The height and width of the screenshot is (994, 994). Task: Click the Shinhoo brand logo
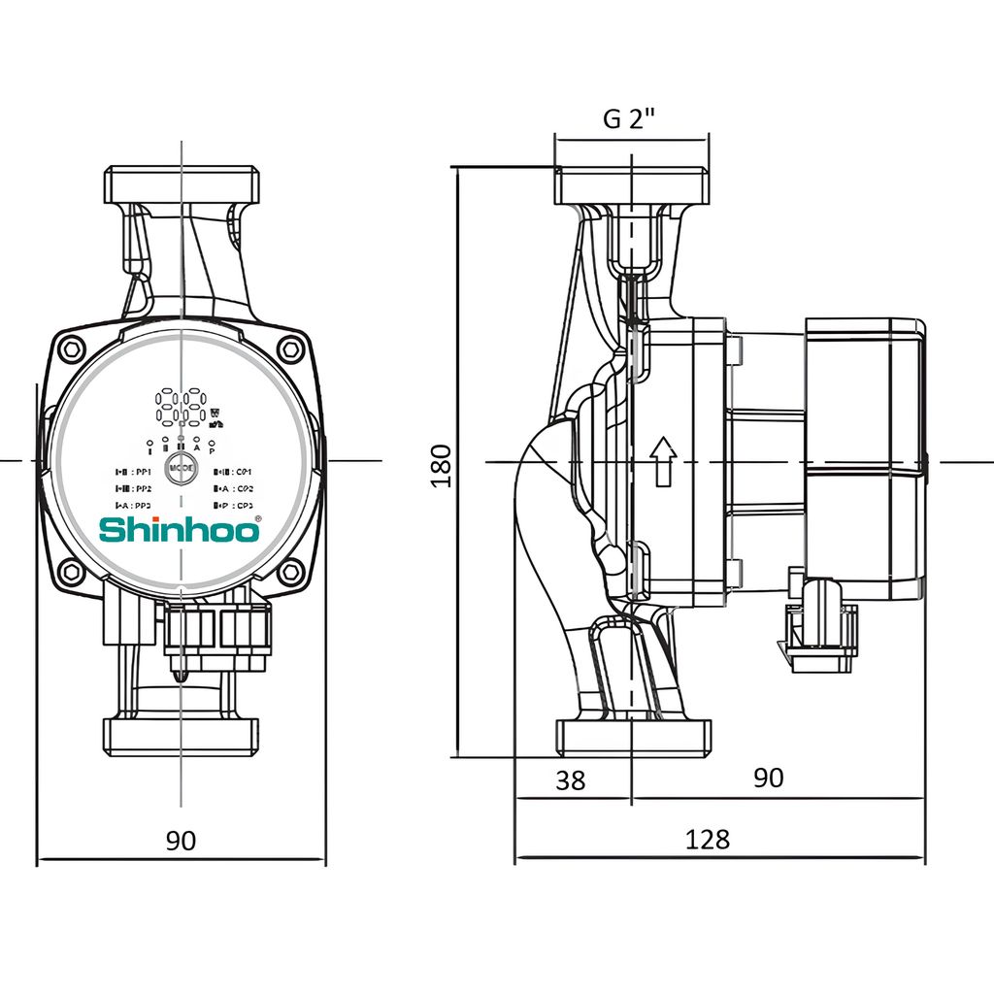tap(178, 530)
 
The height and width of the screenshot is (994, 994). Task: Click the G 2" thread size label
tap(630, 118)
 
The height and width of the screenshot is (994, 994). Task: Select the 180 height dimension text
tap(442, 464)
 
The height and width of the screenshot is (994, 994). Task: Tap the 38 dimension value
tap(572, 779)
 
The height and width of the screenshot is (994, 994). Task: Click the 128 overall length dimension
tap(707, 839)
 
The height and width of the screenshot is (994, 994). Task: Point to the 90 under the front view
tap(181, 841)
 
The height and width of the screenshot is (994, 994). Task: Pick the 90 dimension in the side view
tap(768, 778)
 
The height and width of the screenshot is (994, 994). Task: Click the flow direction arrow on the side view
tap(663, 460)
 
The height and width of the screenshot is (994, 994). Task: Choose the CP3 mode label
tap(234, 506)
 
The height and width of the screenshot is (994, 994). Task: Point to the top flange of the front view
tap(182, 184)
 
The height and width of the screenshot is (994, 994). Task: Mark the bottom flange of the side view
tap(632, 737)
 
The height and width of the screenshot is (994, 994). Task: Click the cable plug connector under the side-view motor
tap(822, 631)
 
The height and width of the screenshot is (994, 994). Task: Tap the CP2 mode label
tap(234, 489)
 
